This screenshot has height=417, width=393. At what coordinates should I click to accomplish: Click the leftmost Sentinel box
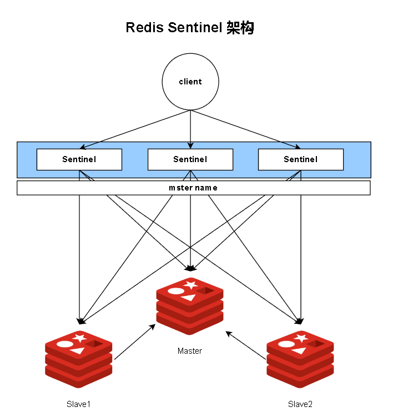[x=79, y=159]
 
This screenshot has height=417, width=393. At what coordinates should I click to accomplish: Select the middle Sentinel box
[x=190, y=159]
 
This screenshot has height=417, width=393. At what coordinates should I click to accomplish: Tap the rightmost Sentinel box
[x=301, y=159]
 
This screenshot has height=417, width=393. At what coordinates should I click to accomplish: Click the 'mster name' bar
[x=193, y=188]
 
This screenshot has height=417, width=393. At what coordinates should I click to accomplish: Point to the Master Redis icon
[x=190, y=306]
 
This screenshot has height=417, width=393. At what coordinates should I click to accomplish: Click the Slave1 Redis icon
[x=79, y=359]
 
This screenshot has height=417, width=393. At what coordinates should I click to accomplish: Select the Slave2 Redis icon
[x=300, y=359]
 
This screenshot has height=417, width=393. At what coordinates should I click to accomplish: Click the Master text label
[x=190, y=351]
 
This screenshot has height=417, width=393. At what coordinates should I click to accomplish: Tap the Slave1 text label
[x=78, y=404]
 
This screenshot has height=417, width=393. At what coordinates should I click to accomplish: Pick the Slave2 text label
[x=300, y=404]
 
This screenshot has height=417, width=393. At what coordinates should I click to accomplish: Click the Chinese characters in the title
[x=240, y=28]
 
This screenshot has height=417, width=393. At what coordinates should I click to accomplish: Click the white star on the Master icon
[x=191, y=285]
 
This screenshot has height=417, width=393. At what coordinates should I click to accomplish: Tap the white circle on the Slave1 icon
[x=65, y=344]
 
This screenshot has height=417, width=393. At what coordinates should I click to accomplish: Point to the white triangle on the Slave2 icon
[x=299, y=351]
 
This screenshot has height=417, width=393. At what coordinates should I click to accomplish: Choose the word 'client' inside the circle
[x=190, y=82]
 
